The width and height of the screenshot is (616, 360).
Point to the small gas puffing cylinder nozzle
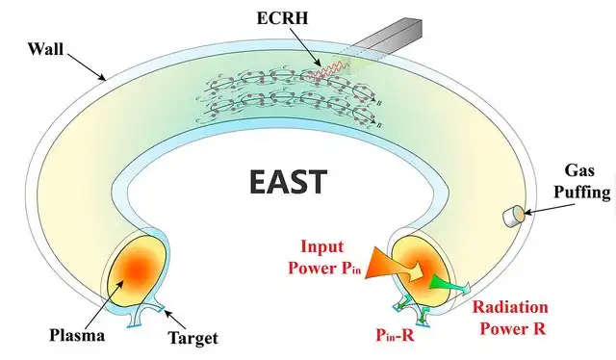[x=511, y=218]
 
